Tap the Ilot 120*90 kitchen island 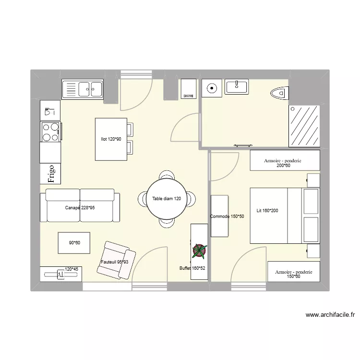(111, 139)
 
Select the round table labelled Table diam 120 (167, 199)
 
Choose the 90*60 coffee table (74, 243)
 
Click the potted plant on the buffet (199, 251)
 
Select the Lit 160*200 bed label (267, 210)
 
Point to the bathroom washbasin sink (237, 87)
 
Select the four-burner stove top (50, 132)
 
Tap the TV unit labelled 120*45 (61, 274)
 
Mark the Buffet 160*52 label (192, 268)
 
